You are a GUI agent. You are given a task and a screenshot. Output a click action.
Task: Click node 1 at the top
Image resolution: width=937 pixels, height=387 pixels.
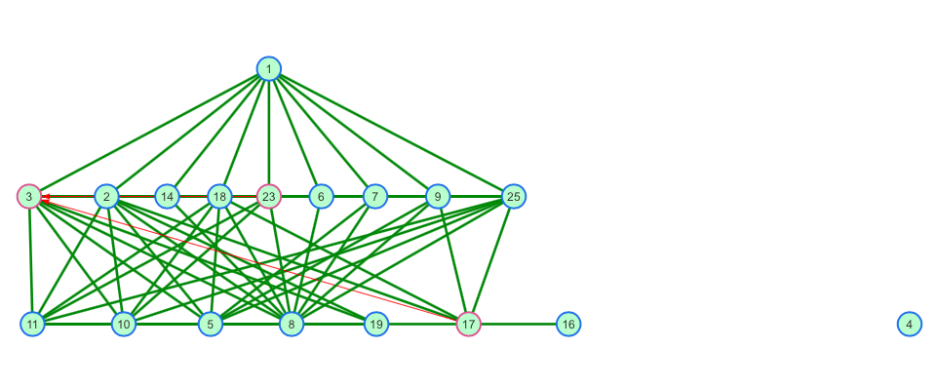pos(269,68)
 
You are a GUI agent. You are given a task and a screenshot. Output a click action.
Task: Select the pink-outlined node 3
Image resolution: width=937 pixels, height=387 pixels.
pos(29,197)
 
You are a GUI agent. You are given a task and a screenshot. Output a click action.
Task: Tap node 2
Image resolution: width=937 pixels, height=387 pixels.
pos(107,197)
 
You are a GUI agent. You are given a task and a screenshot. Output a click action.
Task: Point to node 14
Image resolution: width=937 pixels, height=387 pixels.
pos(168,197)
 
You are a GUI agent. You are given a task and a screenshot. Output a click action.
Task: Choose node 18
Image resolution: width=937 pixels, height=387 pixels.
pos(219,197)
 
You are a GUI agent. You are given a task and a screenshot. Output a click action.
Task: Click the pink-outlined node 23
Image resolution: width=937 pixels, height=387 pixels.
pos(269,197)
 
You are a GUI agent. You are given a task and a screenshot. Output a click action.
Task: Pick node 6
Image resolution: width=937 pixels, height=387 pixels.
pos(321,197)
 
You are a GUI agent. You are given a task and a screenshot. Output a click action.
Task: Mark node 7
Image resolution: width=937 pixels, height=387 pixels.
pos(374,197)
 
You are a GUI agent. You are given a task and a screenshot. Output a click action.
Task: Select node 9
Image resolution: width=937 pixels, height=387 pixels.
pos(438,197)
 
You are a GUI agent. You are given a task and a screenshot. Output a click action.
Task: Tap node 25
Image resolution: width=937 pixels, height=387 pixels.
pos(513,197)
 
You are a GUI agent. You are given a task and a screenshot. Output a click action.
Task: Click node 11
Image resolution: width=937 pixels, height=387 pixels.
pos(32,325)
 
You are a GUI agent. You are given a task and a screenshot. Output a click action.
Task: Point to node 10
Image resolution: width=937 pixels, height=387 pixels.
pos(124,325)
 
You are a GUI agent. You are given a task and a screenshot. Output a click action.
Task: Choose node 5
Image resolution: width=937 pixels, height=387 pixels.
pos(211,325)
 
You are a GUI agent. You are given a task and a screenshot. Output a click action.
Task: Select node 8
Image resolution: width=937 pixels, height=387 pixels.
pos(292,325)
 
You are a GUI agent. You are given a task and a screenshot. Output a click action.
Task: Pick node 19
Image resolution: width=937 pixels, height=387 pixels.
pos(376,325)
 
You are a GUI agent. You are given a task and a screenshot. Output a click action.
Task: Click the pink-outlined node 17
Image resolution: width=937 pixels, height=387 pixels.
pos(468,325)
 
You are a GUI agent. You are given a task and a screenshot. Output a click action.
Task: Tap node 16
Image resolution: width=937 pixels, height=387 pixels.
pos(568,325)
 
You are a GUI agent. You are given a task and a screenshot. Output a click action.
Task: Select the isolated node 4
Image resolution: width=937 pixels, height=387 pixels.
pos(910,325)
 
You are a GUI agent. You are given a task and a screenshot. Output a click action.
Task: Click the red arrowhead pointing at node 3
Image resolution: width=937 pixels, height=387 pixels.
pos(46,197)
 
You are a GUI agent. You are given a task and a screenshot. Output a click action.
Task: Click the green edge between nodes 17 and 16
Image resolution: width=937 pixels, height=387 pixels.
pos(518,325)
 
